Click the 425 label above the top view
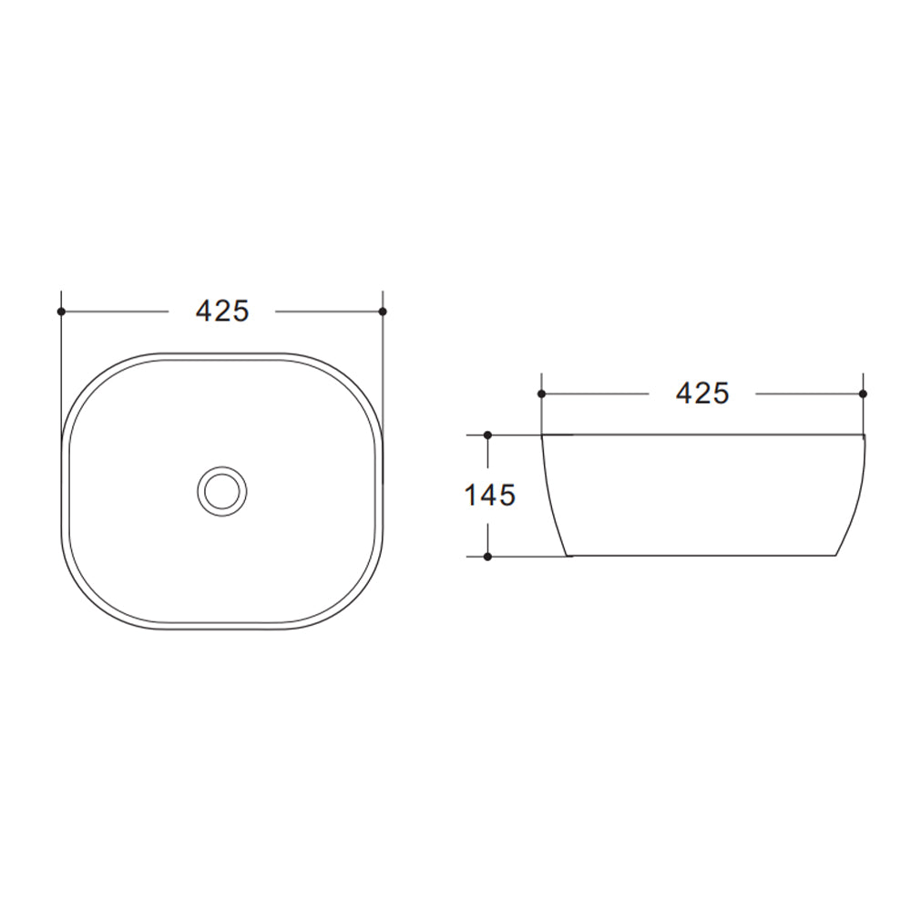coord(222,312)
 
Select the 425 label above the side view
coord(702,394)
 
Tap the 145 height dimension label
coord(490,496)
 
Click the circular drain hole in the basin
coord(221,491)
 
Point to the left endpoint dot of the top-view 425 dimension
coord(61,312)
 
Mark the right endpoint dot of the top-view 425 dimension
coord(383,312)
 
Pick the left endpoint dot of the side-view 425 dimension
coord(541,394)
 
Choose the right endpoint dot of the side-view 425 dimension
coord(863,394)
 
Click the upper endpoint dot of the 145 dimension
coord(488,435)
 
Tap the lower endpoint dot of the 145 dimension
coord(488,556)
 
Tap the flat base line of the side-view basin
coord(701,556)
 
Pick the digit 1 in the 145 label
coord(470,496)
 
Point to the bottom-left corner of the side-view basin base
coord(568,555)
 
